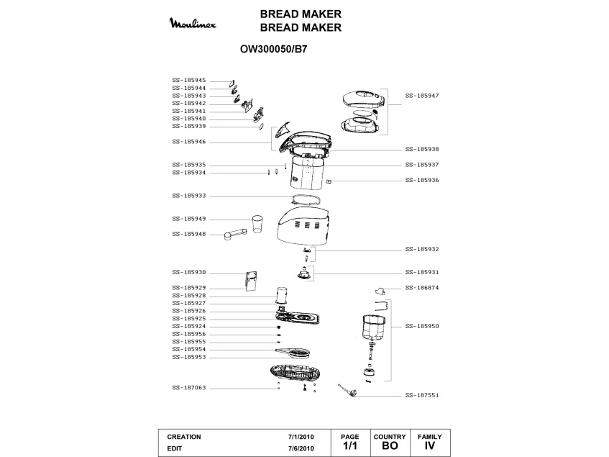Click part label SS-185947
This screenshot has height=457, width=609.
[x=422, y=95]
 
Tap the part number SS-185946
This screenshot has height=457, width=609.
[x=189, y=142]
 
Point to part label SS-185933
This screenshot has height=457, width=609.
[x=189, y=196]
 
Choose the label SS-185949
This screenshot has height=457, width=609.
[x=189, y=219]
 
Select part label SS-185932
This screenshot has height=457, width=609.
[x=422, y=249]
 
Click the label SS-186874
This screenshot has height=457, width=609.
[x=422, y=287]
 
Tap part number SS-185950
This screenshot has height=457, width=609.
[x=422, y=326]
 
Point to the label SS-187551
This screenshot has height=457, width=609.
[x=422, y=395]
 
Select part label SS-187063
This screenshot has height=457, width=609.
[x=189, y=388]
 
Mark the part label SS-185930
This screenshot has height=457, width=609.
[x=189, y=272]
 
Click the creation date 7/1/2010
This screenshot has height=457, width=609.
[x=301, y=437]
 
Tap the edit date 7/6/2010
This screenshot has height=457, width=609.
[x=301, y=448]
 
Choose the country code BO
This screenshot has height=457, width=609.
[x=390, y=447]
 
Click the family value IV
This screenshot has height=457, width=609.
[x=430, y=447]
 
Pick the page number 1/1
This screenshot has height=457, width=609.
[x=349, y=447]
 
